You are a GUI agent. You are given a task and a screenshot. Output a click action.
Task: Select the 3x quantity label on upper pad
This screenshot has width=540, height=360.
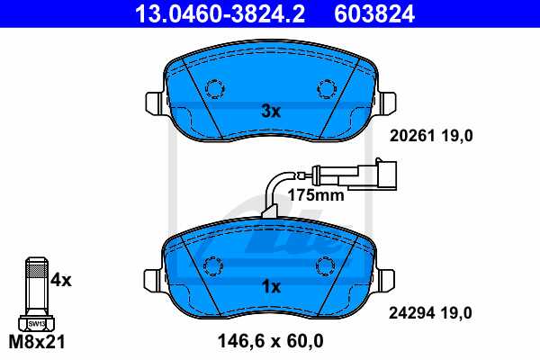click(x=270, y=112)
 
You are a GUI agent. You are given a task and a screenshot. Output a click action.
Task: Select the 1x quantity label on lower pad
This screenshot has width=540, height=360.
click(x=270, y=286)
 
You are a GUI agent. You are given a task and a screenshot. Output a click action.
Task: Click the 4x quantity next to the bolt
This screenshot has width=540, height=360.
click(x=61, y=280)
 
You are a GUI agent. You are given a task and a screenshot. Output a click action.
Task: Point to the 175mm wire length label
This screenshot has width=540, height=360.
click(x=314, y=193)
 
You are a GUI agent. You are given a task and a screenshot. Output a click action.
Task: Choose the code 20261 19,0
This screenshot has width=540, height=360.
click(x=429, y=136)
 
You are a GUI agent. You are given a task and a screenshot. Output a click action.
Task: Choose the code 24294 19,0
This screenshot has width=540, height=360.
click(x=429, y=313)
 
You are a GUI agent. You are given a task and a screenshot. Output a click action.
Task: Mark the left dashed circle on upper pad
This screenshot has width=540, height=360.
click(x=215, y=89)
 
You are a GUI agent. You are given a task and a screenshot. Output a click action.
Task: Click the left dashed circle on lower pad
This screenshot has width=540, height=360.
click(x=215, y=265)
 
